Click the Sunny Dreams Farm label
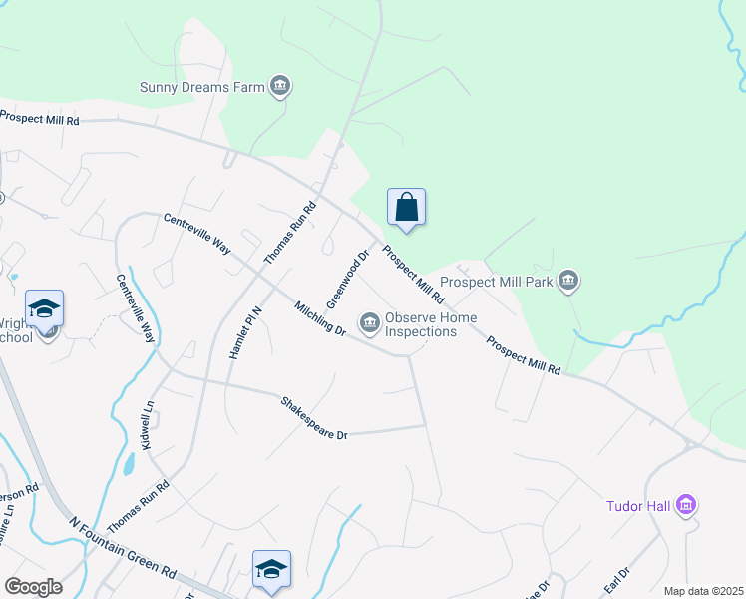coord(201,87)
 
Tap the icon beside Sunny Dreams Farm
coord(280,87)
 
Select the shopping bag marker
coord(406,207)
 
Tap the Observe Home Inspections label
coord(431,324)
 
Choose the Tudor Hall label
coord(638,506)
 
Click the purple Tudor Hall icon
coord(685,506)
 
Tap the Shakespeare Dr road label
coord(314,419)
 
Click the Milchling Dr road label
coord(320,317)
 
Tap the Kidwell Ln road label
coord(148,424)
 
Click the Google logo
coord(33,586)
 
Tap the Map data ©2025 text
coord(703,591)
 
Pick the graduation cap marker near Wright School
coord(44,308)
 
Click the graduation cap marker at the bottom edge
coord(271,569)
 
